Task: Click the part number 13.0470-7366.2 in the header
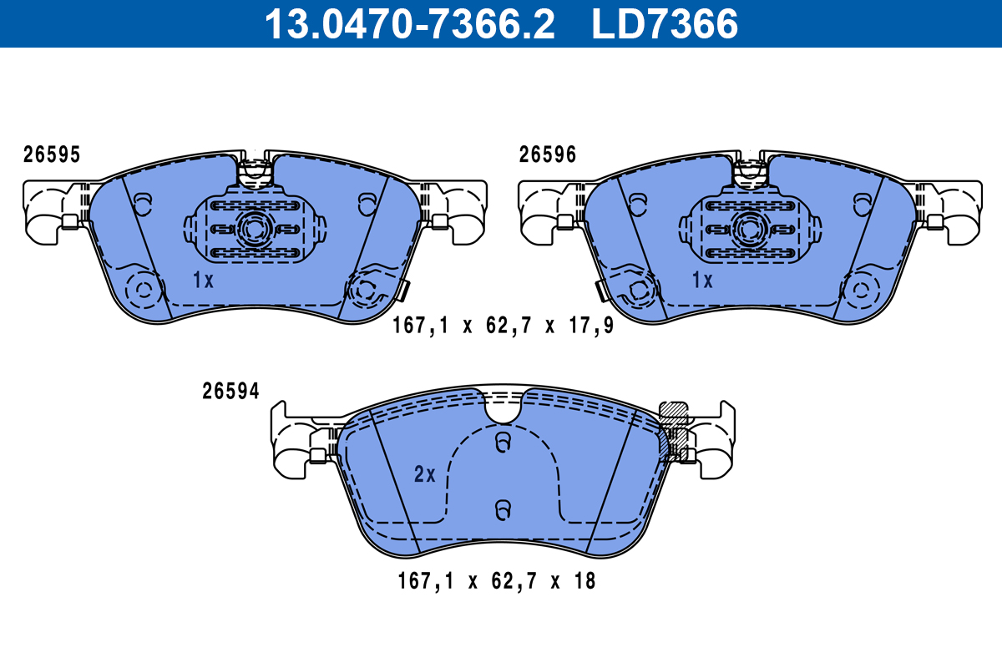point(409,24)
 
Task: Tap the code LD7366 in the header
point(665,24)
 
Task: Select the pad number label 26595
point(52,154)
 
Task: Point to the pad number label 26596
point(548,154)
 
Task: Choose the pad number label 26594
point(230,391)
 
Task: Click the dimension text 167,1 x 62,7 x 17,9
point(503,326)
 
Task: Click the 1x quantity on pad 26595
point(203,281)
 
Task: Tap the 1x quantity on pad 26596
point(702,281)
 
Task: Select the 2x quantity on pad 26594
point(425,475)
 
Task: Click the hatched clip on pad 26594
point(674,428)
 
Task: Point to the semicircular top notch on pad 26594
point(503,407)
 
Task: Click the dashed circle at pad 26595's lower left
point(144,291)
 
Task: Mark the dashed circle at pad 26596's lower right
point(860,291)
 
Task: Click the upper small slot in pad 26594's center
point(503,442)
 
